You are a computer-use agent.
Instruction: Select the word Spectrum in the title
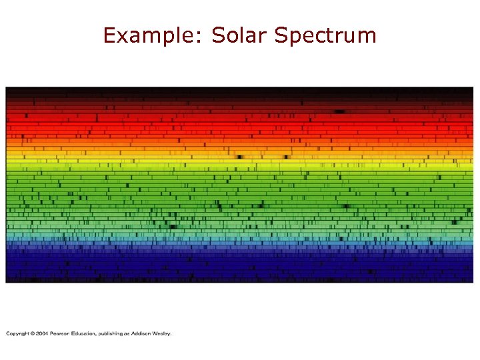pos(326,36)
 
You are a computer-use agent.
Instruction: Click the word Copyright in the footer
pos(18,333)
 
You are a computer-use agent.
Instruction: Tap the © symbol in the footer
pos(33,333)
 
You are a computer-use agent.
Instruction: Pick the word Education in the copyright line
pos(85,333)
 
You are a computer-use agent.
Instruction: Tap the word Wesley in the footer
pos(164,333)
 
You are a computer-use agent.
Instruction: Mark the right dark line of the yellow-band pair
pos(287,158)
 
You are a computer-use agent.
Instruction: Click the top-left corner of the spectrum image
pos(6,87)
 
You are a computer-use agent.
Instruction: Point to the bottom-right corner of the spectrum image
pos(473,282)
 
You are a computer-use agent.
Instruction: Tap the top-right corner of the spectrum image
pos(473,87)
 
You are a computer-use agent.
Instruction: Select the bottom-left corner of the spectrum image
pos(6,282)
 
